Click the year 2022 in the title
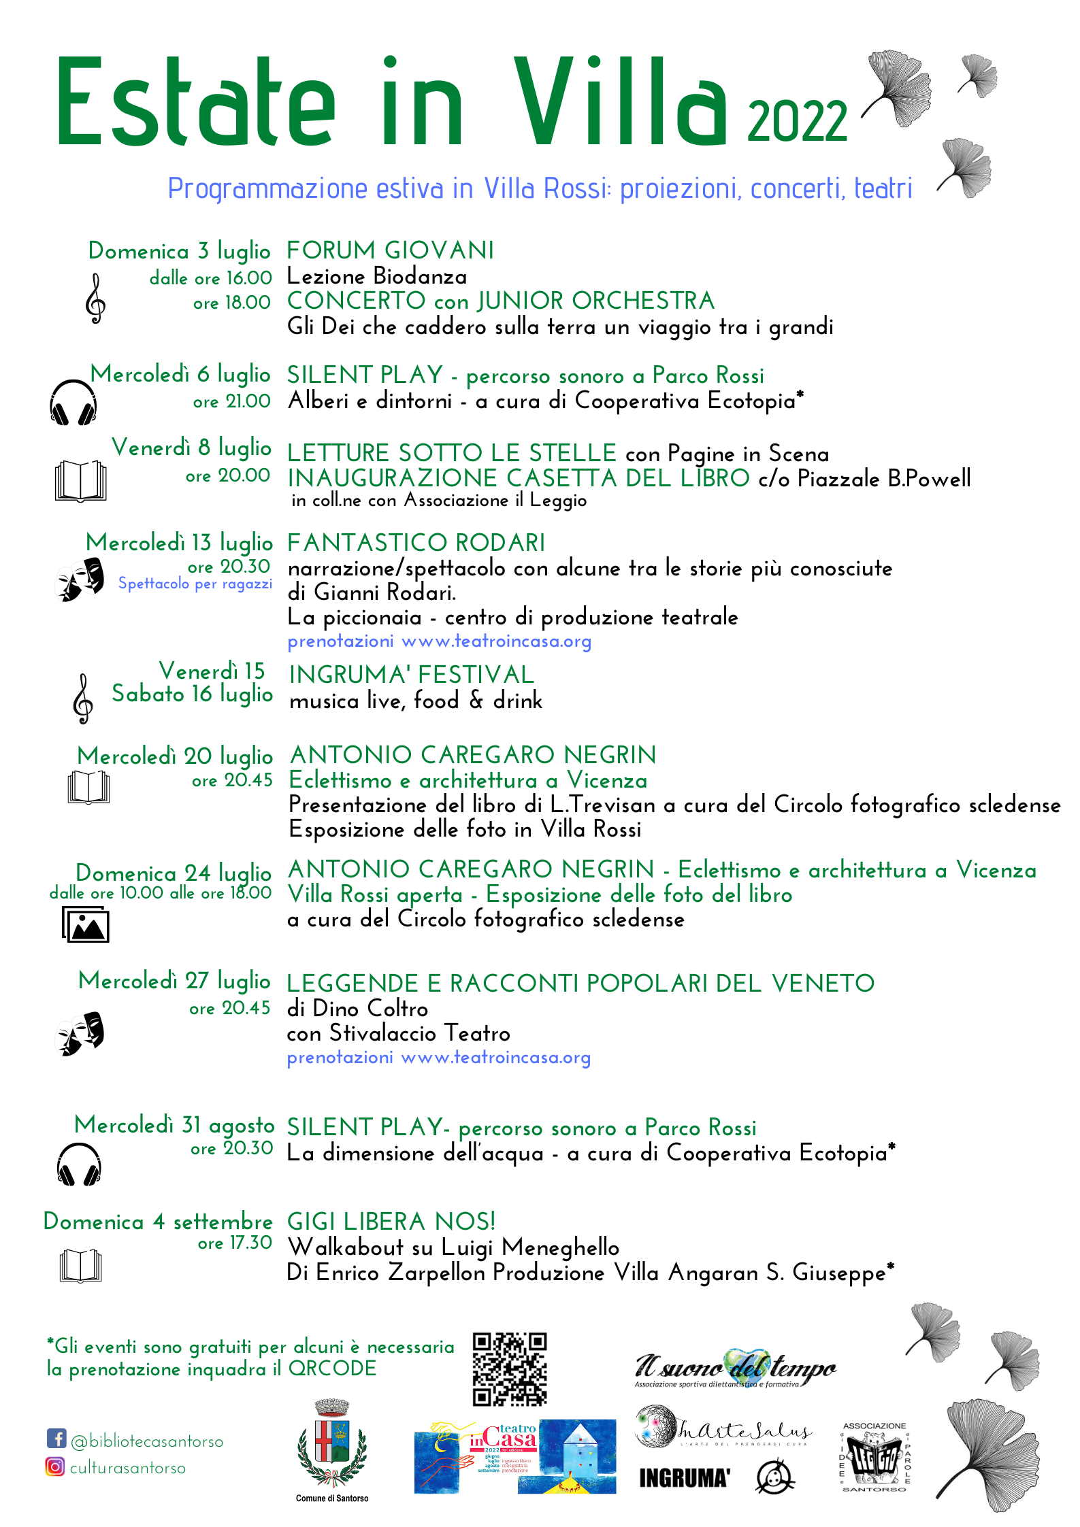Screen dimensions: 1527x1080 pyautogui.click(x=797, y=121)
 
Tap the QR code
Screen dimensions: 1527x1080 pyautogui.click(x=510, y=1369)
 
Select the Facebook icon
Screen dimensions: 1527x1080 pyautogui.click(x=56, y=1439)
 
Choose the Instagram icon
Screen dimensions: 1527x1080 pyautogui.click(x=55, y=1466)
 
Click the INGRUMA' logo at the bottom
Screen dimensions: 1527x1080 pyautogui.click(x=684, y=1478)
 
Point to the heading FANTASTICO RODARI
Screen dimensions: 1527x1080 pyautogui.click(x=416, y=543)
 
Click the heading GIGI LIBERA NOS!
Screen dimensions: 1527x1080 pyautogui.click(x=391, y=1222)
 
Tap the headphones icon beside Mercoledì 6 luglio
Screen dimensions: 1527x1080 pyautogui.click(x=73, y=403)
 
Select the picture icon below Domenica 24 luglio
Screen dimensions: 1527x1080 pyautogui.click(x=86, y=924)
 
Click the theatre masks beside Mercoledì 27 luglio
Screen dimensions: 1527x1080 pyautogui.click(x=80, y=1034)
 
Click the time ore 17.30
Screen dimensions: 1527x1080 pyautogui.click(x=235, y=1243)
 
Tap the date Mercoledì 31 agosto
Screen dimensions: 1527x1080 pyautogui.click(x=174, y=1125)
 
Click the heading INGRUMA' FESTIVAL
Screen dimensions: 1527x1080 pyautogui.click(x=412, y=675)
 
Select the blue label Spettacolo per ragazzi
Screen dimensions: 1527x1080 pyautogui.click(x=195, y=584)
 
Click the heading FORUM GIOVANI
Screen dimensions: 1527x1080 pyautogui.click(x=390, y=250)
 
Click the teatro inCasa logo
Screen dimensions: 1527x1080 pyautogui.click(x=514, y=1456)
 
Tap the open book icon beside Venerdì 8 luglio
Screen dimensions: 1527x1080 pyautogui.click(x=80, y=481)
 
